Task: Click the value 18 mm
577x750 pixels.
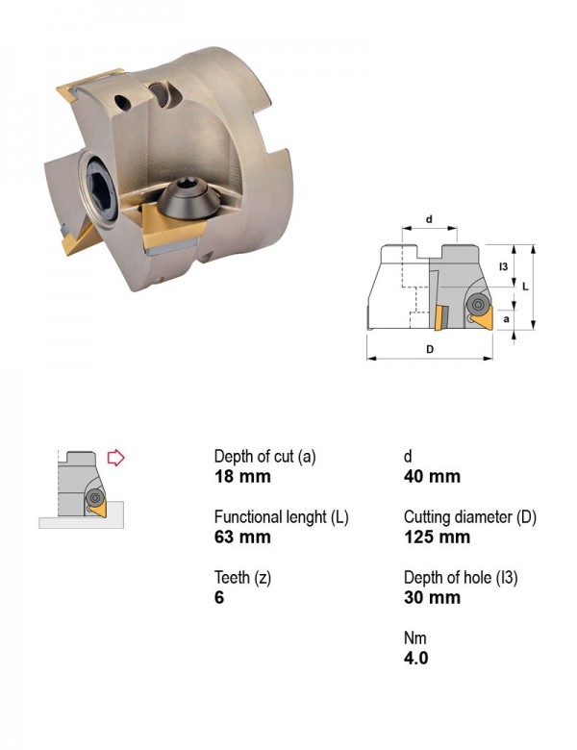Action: [x=242, y=476]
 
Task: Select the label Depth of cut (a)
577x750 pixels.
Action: [x=265, y=457]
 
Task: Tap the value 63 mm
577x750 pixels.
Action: [x=242, y=537]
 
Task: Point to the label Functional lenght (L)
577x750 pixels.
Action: [x=282, y=517]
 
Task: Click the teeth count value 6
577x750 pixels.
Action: [x=219, y=597]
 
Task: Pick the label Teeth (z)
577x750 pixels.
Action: [x=242, y=577]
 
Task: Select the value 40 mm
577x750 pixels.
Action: [x=432, y=476]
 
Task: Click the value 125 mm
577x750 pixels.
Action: [x=437, y=537]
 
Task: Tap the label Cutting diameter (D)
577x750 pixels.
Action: [x=470, y=517]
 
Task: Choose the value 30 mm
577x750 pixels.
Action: [x=432, y=597]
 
